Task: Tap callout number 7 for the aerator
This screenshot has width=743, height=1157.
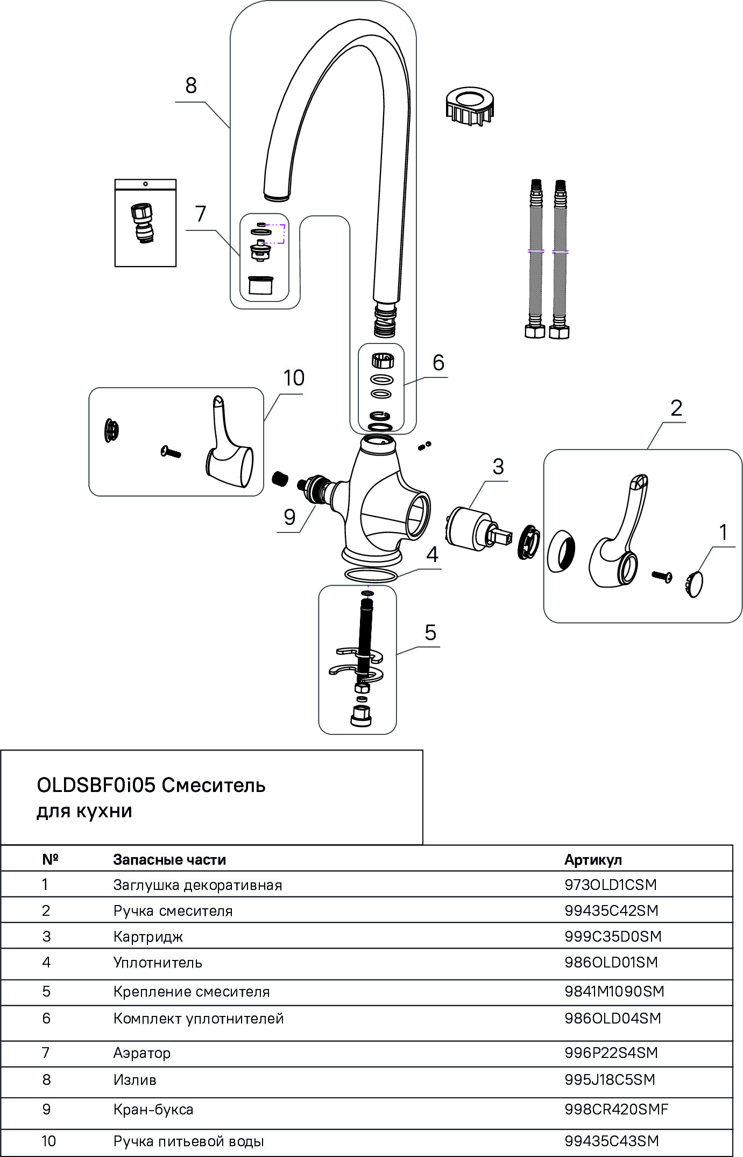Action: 201,214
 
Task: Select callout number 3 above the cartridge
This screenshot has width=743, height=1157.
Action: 498,466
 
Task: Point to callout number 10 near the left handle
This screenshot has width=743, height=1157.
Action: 294,378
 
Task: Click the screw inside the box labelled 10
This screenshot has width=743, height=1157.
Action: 171,452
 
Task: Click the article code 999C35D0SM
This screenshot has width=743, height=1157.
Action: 613,936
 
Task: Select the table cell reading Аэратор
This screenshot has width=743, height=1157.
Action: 142,1053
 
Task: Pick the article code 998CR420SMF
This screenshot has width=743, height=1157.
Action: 616,1109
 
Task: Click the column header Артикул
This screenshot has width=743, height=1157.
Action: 593,860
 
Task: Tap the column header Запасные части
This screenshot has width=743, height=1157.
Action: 169,860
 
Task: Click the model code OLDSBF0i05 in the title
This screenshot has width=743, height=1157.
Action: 96,786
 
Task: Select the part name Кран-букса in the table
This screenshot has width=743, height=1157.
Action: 153,1109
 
